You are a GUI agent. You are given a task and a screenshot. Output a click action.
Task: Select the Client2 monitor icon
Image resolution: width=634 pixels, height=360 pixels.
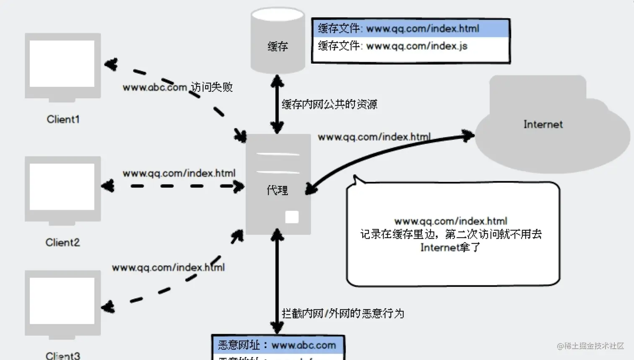pos(62,189)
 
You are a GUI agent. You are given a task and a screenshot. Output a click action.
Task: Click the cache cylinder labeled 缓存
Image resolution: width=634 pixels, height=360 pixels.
pos(278,42)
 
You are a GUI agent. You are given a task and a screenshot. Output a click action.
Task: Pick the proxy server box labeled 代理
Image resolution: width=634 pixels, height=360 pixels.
pos(278,184)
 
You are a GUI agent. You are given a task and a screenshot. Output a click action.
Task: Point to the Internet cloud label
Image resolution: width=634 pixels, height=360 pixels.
pos(543,124)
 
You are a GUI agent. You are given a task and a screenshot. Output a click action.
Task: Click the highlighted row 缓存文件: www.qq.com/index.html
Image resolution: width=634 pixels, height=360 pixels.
pos(411,28)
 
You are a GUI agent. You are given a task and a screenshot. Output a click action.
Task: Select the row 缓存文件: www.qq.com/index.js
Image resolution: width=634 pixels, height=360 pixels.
pos(411,46)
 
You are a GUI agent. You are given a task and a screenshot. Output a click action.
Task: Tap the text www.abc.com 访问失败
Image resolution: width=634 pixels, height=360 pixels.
pos(177,87)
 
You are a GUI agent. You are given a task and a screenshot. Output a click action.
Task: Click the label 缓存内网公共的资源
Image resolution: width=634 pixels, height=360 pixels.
pos(329,104)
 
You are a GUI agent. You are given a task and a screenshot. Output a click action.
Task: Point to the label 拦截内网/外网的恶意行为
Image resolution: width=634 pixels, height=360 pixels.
pos(343,313)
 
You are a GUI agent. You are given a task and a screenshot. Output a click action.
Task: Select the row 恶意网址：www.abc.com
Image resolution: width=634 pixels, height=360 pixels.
pos(278,345)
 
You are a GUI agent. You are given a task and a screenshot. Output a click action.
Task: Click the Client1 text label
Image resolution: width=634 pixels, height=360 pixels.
pos(63,119)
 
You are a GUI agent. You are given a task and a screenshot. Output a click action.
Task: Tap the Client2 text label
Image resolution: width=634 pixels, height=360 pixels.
pos(62,242)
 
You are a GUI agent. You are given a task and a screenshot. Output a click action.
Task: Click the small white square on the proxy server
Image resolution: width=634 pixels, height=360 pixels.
pos(292,217)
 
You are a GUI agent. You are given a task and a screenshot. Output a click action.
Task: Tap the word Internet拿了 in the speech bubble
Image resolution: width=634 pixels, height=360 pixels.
pos(450,247)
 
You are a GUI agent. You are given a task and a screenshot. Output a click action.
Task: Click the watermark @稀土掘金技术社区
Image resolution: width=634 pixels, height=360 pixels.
pos(590,346)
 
